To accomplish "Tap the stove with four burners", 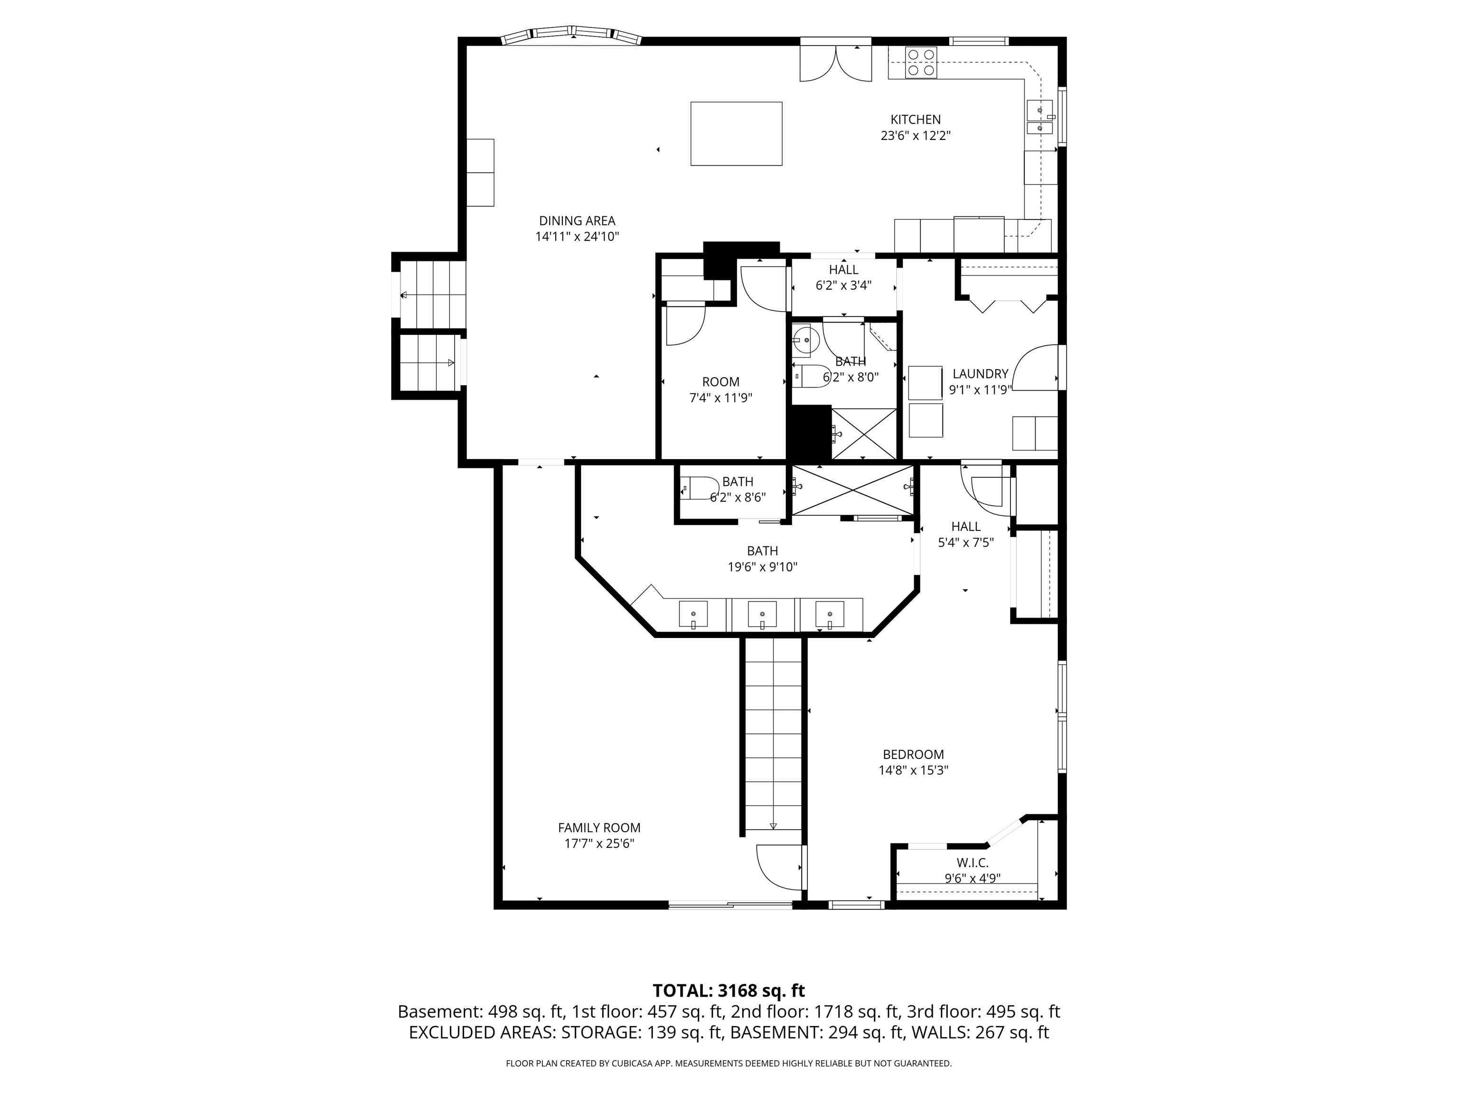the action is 921,63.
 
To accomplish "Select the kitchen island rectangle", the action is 736,134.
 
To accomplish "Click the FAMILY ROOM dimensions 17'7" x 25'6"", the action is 599,844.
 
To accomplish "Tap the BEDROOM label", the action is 914,754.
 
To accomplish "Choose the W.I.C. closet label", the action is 973,862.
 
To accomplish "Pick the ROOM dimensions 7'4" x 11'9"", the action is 720,398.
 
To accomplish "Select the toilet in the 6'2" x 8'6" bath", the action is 696,488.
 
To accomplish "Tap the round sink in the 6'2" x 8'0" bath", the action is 805,341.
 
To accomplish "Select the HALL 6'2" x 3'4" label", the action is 844,278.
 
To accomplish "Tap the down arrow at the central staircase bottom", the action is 773,826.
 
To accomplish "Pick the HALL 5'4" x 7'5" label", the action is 966,534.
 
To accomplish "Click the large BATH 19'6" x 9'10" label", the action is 763,559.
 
